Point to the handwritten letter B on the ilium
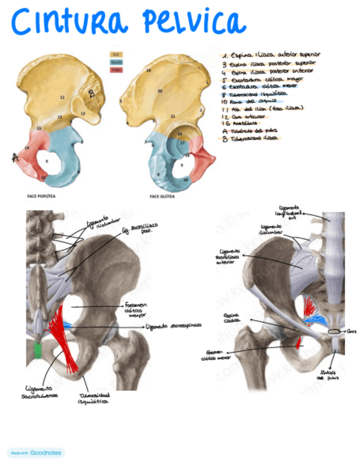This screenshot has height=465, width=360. pyautogui.click(x=91, y=94)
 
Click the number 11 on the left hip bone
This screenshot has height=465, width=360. pyautogui.click(x=62, y=97)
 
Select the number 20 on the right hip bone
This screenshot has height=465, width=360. pyautogui.click(x=160, y=90)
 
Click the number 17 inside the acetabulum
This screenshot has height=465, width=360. pyautogui.click(x=182, y=143)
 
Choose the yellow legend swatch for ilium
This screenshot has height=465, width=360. pyautogui.click(x=116, y=55)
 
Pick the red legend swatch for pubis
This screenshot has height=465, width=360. pyautogui.click(x=116, y=70)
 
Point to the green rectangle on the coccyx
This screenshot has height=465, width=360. pyautogui.click(x=38, y=350)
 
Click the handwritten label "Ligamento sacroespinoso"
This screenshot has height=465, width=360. pyautogui.click(x=173, y=325)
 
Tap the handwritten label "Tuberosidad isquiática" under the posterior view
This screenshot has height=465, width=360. pyautogui.click(x=93, y=398)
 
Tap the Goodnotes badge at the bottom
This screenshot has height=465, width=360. pyautogui.click(x=36, y=453)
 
